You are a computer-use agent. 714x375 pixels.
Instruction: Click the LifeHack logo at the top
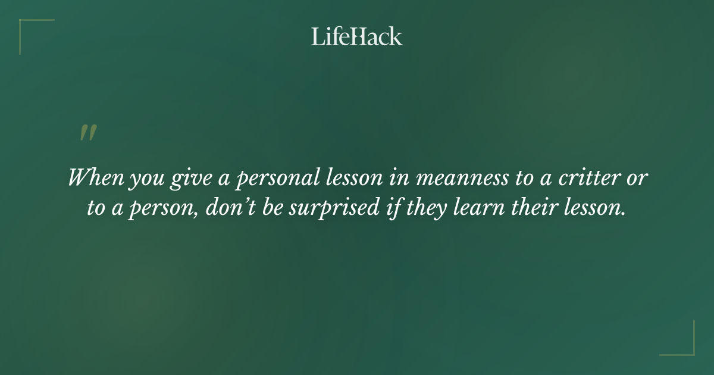coord(356,37)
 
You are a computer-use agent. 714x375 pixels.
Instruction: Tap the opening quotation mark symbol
coord(88,133)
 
